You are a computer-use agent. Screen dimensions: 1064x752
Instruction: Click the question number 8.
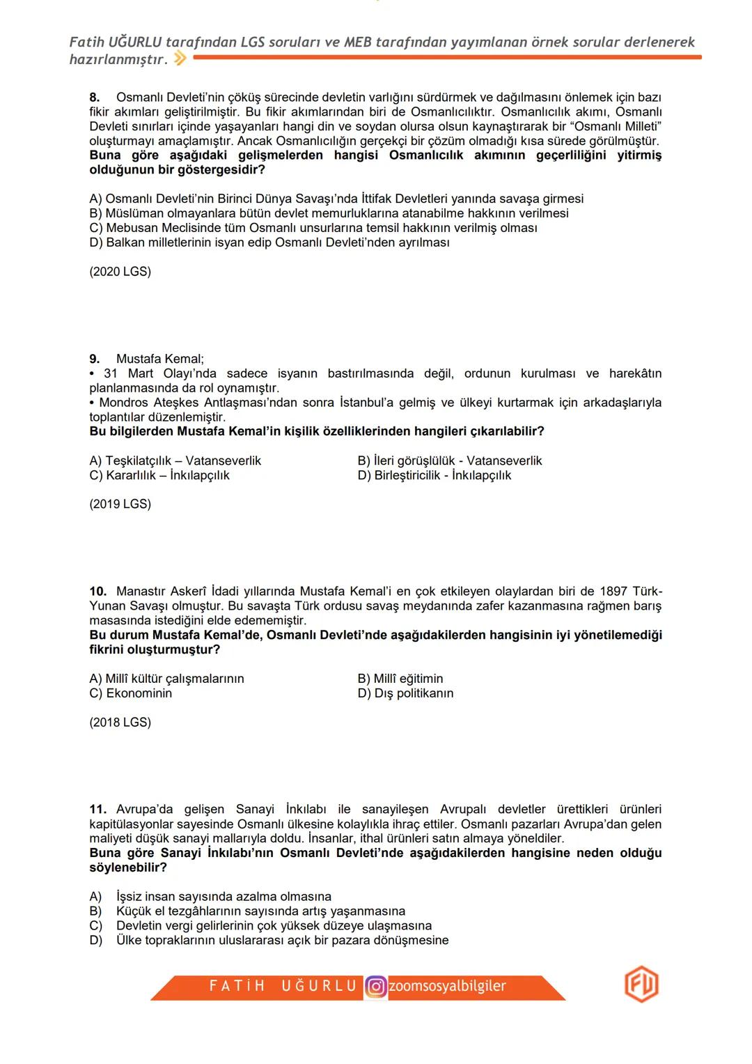95,97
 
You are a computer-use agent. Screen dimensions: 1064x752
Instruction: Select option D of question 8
269,242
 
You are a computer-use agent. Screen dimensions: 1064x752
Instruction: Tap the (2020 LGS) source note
120,272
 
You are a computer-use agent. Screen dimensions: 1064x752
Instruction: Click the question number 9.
95,359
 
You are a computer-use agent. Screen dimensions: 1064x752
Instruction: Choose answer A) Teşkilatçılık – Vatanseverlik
175,461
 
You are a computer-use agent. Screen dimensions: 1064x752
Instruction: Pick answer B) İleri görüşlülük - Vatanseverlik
449,461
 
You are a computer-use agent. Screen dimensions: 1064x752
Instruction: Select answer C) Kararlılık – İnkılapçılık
159,475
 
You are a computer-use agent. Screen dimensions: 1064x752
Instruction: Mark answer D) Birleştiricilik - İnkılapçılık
434,475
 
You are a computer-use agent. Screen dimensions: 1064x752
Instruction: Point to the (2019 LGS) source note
120,504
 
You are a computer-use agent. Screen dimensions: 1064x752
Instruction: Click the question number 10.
97,591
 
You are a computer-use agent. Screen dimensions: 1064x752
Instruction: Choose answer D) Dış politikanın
405,693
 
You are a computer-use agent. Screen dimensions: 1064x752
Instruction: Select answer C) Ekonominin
131,693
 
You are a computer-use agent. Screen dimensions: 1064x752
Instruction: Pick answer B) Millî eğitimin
400,679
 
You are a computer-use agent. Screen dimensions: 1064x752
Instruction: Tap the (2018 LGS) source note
120,722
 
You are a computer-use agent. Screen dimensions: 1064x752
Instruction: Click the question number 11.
97,809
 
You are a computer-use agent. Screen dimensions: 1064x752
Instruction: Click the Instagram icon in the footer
376,987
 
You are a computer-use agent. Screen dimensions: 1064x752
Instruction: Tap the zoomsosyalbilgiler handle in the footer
447,987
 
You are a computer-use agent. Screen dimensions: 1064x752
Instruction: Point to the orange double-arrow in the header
180,60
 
